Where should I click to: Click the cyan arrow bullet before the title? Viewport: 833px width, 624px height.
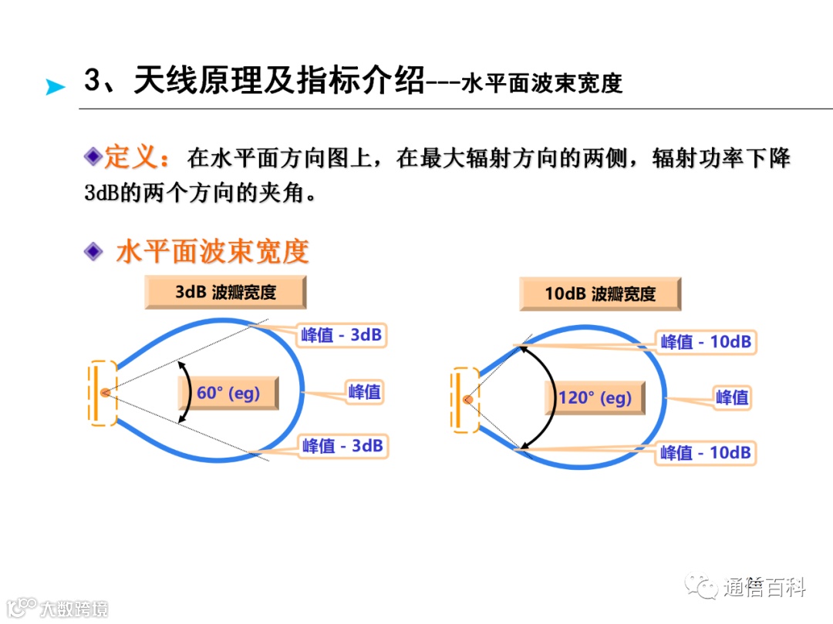click(55, 87)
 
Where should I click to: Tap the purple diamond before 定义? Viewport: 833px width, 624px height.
click(93, 157)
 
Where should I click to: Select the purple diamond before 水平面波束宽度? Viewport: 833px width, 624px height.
click(93, 251)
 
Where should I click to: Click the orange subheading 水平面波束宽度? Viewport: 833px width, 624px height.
click(213, 251)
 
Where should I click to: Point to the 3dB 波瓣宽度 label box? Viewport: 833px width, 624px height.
click(225, 292)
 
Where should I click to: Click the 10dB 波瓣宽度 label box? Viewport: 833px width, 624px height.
click(600, 294)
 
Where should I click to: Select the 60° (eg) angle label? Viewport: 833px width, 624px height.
click(228, 393)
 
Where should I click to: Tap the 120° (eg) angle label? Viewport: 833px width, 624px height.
click(595, 398)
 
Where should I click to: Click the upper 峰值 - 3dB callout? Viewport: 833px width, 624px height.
click(342, 335)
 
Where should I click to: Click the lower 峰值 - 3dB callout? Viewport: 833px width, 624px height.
click(342, 445)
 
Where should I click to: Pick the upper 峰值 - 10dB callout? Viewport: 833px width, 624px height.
click(706, 341)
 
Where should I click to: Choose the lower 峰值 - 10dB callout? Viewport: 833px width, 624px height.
click(706, 452)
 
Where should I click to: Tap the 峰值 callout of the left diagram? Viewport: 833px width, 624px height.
click(364, 391)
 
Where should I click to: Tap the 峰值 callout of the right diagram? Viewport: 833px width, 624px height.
click(732, 398)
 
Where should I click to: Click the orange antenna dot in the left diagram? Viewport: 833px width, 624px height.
click(105, 392)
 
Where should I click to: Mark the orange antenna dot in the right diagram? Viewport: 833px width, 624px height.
click(467, 399)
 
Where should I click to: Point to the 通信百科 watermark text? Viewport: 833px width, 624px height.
click(764, 589)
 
